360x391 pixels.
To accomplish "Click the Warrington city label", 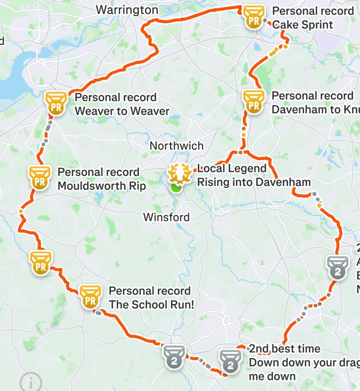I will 127,10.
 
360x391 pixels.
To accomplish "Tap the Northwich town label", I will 176,146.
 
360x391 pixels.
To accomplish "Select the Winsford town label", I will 166,217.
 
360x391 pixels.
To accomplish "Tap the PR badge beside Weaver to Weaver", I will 56,103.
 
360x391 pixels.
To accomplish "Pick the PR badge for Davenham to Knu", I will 254,101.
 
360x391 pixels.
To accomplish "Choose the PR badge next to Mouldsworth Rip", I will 40,178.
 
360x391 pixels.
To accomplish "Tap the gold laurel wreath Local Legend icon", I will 180,173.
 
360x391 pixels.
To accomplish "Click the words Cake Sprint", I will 302,25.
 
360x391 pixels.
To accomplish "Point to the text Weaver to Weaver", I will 122,111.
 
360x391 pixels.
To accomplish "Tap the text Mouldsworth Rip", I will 102,186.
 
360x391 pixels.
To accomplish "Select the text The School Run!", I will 151,305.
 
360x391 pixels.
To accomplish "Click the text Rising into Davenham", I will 254,182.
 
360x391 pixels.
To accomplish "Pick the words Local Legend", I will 232,168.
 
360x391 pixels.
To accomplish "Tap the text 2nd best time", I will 284,349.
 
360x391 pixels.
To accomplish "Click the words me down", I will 272,377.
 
